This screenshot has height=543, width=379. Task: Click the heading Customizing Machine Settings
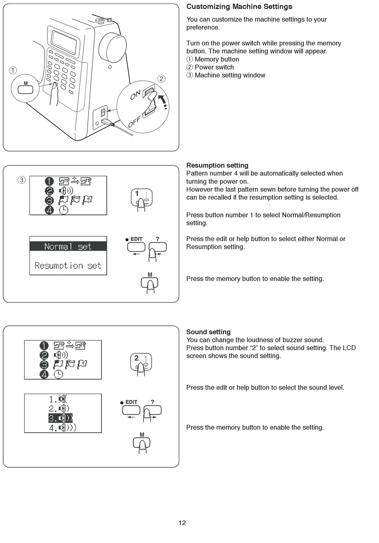coord(239,6)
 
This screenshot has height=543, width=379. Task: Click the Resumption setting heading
coord(217,165)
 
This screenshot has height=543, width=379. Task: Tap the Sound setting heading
coord(208,332)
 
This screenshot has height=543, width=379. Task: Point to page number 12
coord(182,523)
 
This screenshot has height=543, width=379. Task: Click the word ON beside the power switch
coord(136,95)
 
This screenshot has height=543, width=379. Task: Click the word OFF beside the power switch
coord(134,121)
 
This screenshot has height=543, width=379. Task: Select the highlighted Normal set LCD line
coord(68,247)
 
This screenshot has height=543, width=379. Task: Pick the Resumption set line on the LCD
coord(68,266)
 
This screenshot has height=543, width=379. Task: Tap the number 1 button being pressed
coord(142,197)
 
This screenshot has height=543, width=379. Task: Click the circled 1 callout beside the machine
coord(13,71)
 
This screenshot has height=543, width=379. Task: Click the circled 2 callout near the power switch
coord(161,78)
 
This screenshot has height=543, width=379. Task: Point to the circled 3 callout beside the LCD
coord(22,180)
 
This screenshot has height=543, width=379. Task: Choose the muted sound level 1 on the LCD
coord(58,399)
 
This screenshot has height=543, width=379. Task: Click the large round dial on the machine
coord(113,48)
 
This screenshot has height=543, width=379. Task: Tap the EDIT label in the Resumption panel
coord(136,239)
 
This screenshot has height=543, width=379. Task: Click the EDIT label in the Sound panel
coord(131,402)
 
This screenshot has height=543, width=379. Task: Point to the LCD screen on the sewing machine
coord(65,41)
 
